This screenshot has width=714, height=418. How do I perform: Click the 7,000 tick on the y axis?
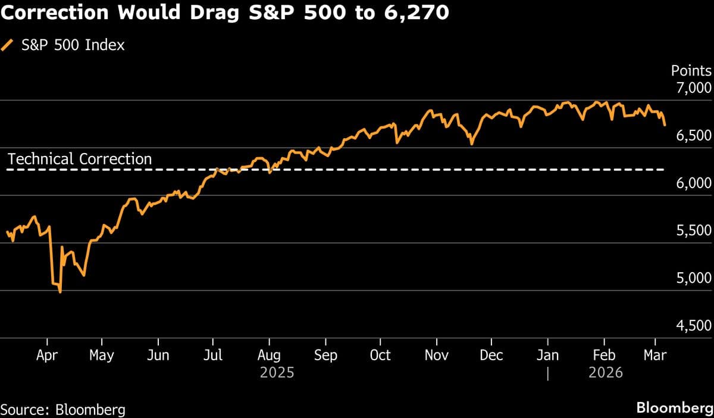[694, 88]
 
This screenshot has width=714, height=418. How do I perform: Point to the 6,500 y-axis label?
[694, 136]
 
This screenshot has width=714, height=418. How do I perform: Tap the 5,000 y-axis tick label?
[694, 278]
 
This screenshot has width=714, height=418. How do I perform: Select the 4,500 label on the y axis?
[694, 326]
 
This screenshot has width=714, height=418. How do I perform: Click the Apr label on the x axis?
[46, 355]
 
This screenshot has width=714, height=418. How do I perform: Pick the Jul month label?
[213, 355]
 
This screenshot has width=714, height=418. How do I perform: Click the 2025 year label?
[277, 373]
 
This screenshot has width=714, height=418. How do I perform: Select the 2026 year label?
[605, 373]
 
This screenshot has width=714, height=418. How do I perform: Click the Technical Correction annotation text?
[80, 159]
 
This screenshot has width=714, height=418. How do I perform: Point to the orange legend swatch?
[7, 45]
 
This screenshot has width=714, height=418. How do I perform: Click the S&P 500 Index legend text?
[73, 45]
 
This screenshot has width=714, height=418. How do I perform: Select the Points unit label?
[691, 70]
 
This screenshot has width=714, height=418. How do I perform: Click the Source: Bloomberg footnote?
[63, 409]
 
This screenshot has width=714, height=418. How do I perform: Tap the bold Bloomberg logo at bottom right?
[674, 408]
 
